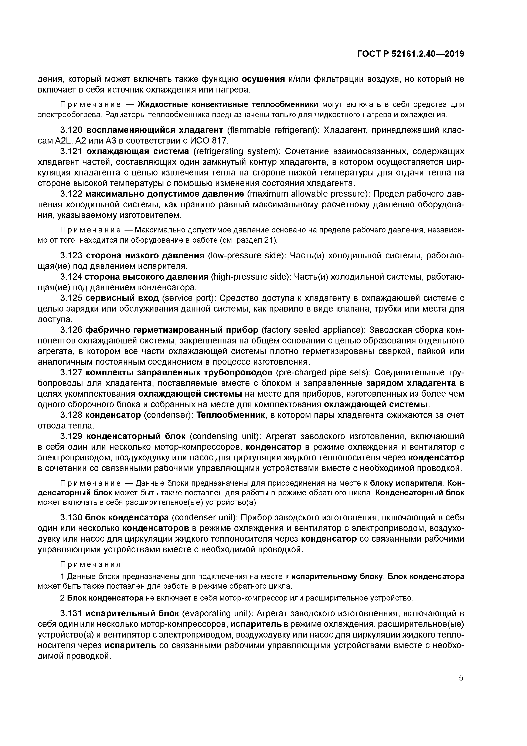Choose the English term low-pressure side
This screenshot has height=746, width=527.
tap(246, 256)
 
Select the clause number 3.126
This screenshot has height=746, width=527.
tap(72, 330)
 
